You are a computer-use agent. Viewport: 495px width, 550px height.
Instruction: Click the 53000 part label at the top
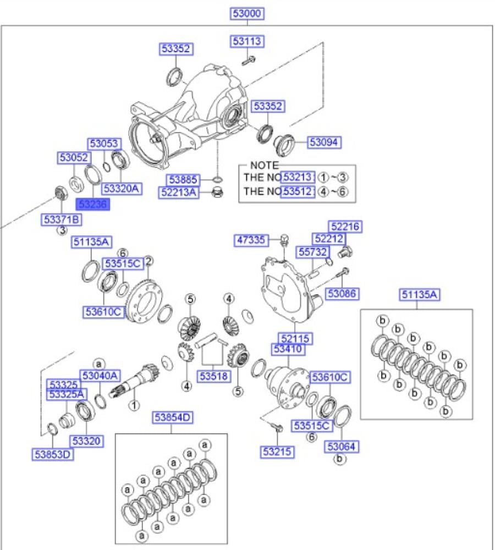tap(247, 14)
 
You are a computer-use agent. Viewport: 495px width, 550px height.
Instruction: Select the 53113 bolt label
tap(247, 41)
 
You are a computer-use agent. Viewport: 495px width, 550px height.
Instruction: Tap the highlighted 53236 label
tap(93, 204)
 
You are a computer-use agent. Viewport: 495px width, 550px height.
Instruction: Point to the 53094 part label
tap(324, 142)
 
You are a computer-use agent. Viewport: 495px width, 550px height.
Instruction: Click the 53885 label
tap(183, 179)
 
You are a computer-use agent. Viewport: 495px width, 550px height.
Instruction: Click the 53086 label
tap(343, 294)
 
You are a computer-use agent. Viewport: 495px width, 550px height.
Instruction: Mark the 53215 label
tap(277, 452)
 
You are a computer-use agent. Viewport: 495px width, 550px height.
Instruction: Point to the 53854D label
tap(172, 418)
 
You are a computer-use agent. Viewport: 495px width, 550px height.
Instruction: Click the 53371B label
tap(62, 219)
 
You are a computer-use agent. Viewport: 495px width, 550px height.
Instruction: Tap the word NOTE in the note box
tap(264, 165)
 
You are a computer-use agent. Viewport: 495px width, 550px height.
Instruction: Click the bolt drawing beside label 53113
tap(249, 59)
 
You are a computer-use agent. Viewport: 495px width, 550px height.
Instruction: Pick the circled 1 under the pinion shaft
tap(133, 406)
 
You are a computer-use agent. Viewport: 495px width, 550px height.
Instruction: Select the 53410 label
tap(288, 349)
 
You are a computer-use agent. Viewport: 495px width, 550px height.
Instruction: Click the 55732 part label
tap(313, 252)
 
